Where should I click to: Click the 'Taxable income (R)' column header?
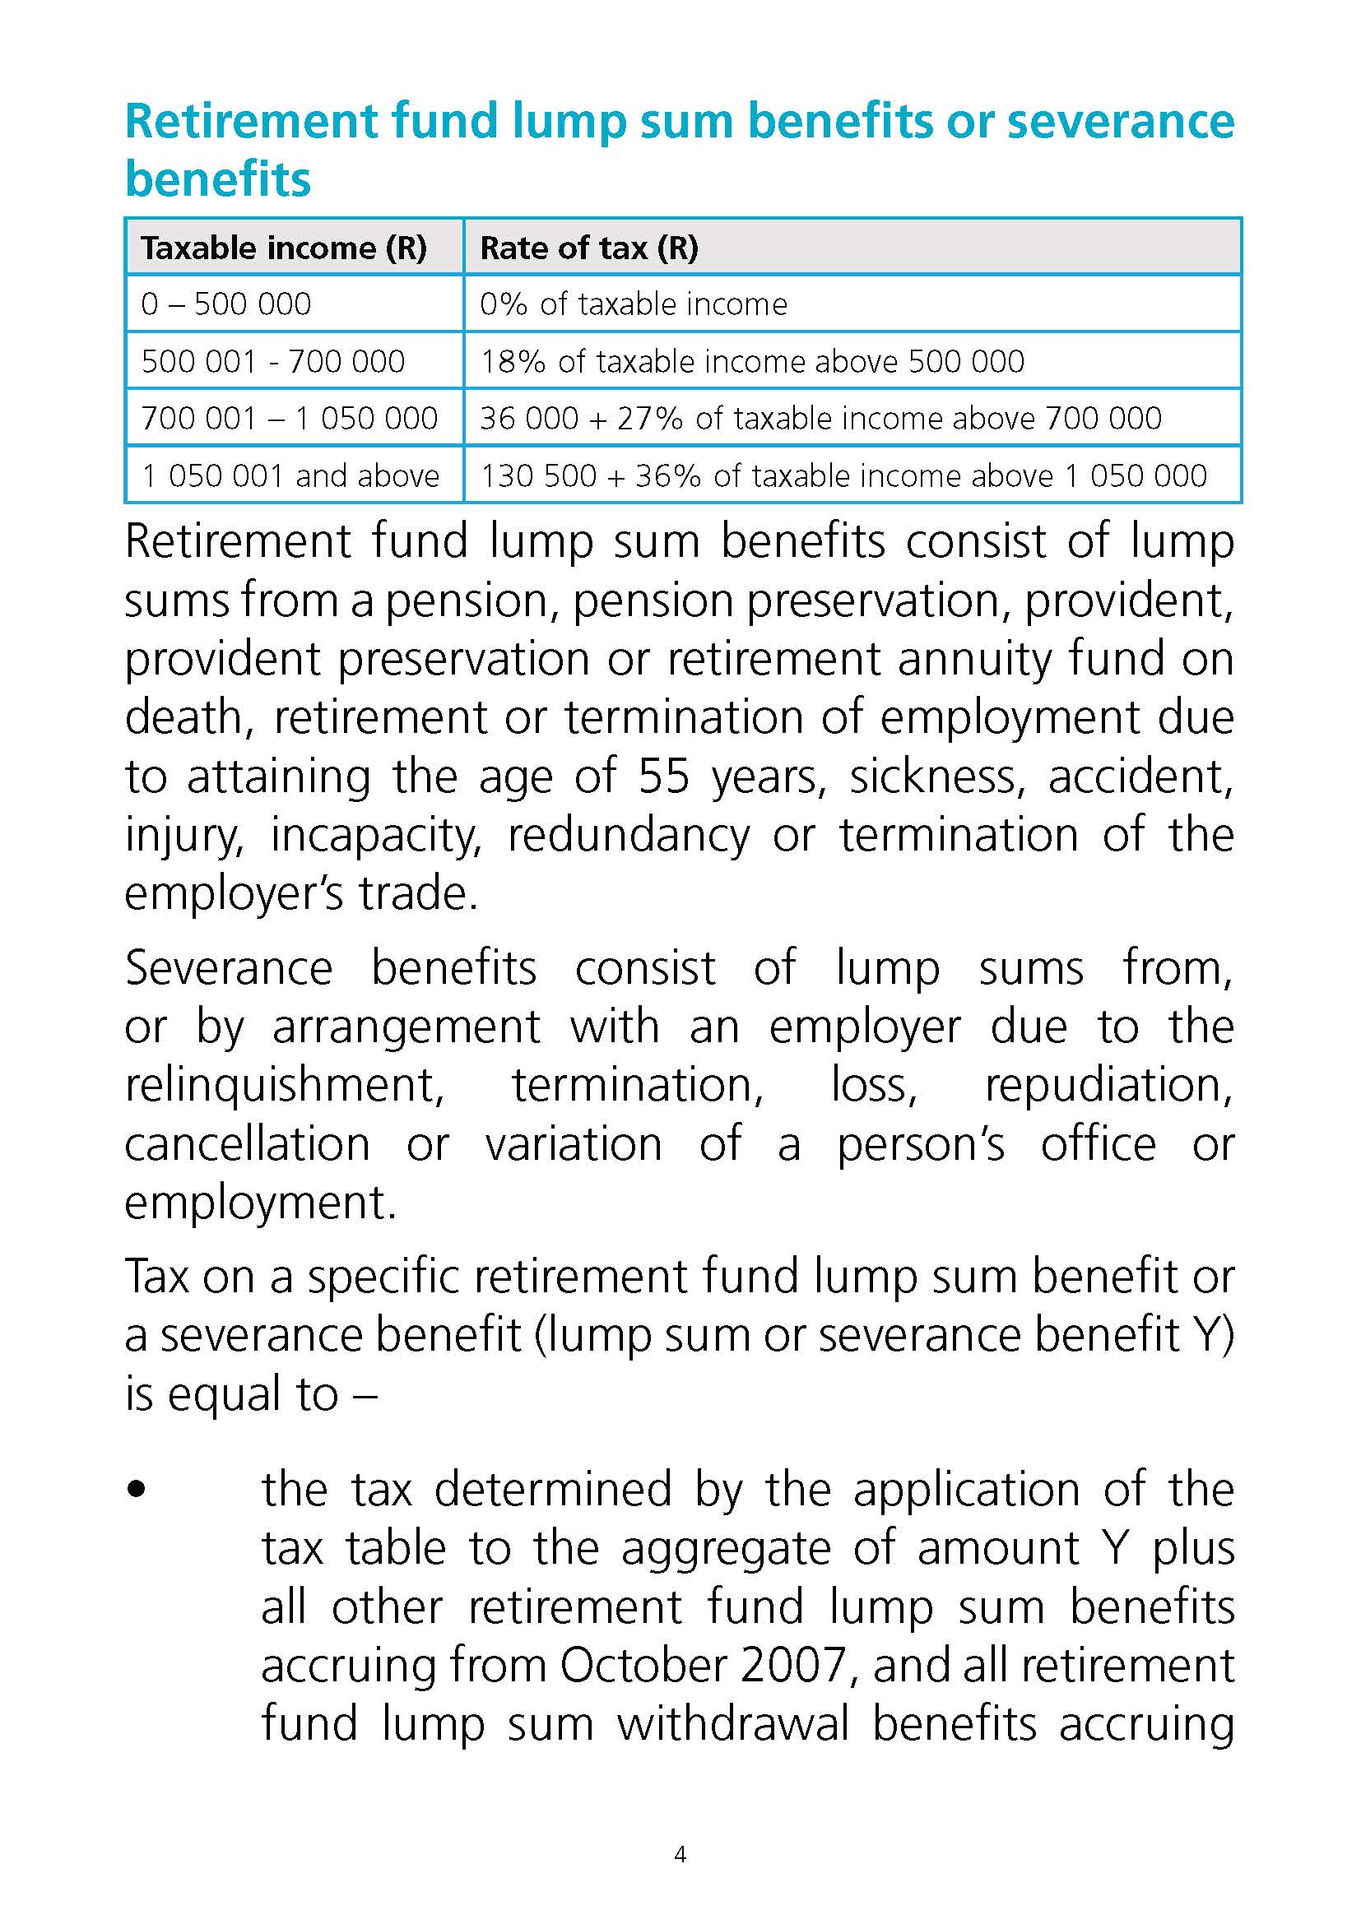click(x=283, y=248)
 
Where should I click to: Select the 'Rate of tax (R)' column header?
click(x=588, y=248)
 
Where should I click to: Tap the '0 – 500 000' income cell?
click(x=226, y=304)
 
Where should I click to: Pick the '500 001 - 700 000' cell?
click(x=273, y=361)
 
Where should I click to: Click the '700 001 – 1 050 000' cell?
click(x=290, y=418)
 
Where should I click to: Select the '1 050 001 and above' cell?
click(x=290, y=476)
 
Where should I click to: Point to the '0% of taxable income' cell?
click(x=634, y=304)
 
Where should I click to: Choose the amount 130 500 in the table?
click(x=538, y=476)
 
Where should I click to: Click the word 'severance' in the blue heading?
click(x=1121, y=121)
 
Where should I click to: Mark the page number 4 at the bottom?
click(x=680, y=1854)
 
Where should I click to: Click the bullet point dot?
click(x=137, y=1490)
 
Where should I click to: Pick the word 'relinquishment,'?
click(x=284, y=1085)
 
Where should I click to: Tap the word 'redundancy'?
click(x=629, y=836)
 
